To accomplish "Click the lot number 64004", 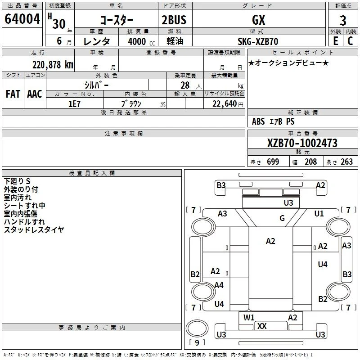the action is point(22,19).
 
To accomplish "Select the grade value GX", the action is point(258,20).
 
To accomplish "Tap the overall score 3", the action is point(343,21).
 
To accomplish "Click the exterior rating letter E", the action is point(335,41).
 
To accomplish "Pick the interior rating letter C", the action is point(350,41).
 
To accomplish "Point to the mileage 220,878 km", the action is point(53,65).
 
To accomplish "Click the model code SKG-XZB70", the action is point(258,41).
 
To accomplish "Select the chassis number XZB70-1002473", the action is point(302,143).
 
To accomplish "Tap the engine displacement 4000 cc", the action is point(141,41).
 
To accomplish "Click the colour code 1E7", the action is point(74,104).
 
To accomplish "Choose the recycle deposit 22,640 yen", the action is point(228,104).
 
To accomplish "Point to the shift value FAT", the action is point(13,94).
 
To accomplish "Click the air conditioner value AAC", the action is point(35,94).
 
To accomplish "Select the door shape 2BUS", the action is point(174,20).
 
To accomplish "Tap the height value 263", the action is point(346,162).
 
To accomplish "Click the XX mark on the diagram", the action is point(262,326).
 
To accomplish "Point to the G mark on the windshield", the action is point(282,218).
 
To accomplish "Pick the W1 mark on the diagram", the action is point(249,318).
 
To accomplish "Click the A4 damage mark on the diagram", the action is point(219,285).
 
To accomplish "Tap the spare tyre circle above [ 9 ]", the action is point(197,328).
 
